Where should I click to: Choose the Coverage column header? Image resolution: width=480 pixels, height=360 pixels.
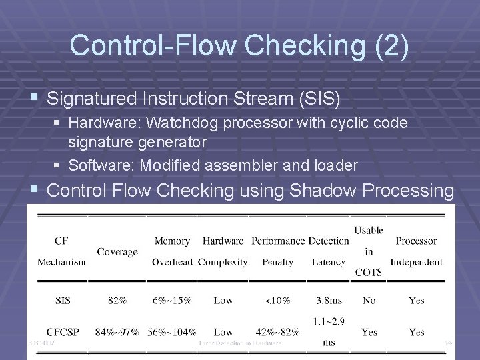(117, 251)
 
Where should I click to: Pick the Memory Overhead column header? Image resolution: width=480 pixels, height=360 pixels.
(172, 251)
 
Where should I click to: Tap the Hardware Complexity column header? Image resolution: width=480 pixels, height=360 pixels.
(223, 251)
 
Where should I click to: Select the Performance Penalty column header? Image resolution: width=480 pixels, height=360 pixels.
(277, 251)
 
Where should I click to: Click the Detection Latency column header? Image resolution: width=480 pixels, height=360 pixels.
(329, 251)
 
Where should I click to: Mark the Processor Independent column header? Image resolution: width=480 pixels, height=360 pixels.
(416, 251)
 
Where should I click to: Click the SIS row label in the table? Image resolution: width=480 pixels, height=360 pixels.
(61, 301)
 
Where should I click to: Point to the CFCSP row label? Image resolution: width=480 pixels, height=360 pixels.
(61, 331)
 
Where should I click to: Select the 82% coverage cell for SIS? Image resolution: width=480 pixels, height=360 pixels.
(117, 301)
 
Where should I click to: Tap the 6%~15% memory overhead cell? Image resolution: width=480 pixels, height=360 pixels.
(172, 301)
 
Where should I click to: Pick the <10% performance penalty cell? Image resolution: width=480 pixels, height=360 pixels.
(277, 301)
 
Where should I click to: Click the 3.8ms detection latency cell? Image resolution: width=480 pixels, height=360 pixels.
(329, 301)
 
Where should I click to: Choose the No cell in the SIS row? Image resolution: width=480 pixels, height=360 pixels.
(369, 301)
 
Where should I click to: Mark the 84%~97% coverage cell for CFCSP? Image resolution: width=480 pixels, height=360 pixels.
(117, 331)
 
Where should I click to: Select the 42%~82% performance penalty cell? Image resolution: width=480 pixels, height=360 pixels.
(277, 331)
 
